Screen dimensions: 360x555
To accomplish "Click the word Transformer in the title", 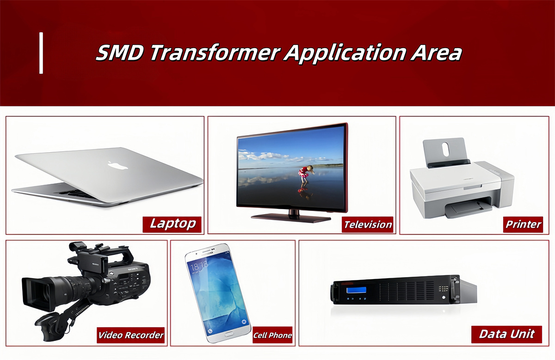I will pos(215,53).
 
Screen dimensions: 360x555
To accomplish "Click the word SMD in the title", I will pos(121,53).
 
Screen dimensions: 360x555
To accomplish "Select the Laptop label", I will pos(173,224).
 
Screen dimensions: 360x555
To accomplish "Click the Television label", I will pos(368,225).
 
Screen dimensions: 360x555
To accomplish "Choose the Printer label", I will pos(523,224).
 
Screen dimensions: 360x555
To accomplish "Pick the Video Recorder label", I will pos(131,335).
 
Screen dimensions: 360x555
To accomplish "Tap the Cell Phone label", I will pos(273,335).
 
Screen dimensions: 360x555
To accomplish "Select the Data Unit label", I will pos(506,334).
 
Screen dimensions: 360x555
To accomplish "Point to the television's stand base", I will pos(291,216).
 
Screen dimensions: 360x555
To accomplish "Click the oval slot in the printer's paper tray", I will pos(445,149).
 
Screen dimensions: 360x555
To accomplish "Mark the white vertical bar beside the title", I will pos(41,53).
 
